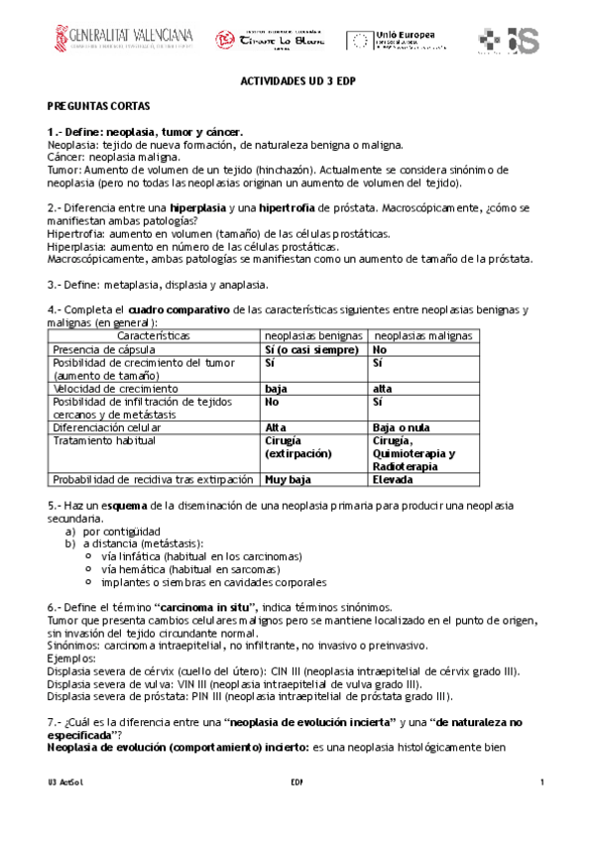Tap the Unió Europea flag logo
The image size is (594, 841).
[360, 40]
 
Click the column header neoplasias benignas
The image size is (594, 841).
[313, 336]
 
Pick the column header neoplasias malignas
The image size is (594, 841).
[420, 336]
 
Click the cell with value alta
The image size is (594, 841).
[382, 389]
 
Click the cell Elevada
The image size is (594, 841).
[393, 479]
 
